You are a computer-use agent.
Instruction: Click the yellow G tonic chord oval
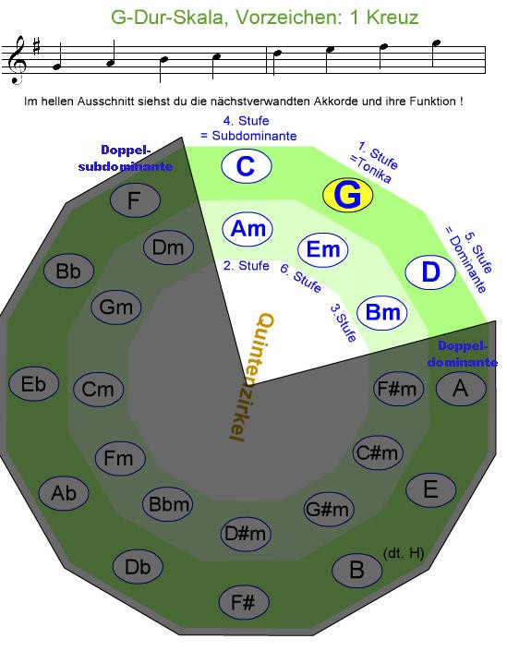[347, 195]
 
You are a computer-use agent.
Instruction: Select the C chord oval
[247, 166]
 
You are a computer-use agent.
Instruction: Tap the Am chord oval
[247, 229]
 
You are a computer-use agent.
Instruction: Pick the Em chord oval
[322, 249]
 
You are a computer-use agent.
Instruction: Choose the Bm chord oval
[382, 312]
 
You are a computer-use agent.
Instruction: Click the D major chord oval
[430, 272]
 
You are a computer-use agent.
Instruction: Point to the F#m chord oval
[399, 389]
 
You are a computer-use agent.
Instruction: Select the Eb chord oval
[33, 384]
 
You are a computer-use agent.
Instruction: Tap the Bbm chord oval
[168, 504]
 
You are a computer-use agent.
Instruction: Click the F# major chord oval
[244, 602]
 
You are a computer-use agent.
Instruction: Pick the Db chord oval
[138, 567]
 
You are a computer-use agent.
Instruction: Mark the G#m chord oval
[329, 509]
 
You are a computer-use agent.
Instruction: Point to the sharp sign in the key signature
[37, 46]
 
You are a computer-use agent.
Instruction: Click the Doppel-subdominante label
[126, 158]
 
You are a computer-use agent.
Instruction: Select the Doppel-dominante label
[462, 354]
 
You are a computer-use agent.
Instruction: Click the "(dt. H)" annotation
[404, 553]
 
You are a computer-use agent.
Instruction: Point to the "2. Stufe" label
[247, 266]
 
